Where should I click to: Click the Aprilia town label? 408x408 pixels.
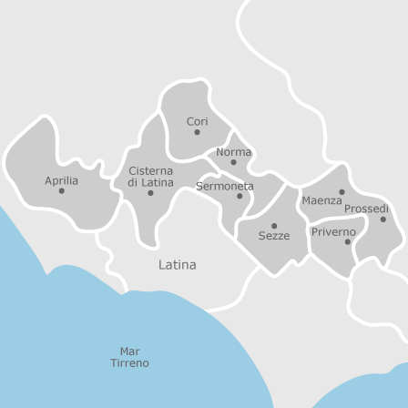(x=62, y=180)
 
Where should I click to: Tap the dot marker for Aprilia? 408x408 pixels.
(x=62, y=191)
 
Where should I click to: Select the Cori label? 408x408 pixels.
(x=198, y=121)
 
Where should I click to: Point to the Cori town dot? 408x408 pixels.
(x=198, y=133)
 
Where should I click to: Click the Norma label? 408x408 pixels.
(x=233, y=152)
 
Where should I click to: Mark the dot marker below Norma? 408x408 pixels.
(x=233, y=163)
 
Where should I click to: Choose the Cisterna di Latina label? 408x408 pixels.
(x=150, y=177)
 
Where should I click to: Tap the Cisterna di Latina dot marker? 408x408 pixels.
(x=150, y=193)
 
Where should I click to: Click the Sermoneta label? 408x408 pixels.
(x=225, y=186)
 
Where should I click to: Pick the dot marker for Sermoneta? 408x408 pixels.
(x=240, y=196)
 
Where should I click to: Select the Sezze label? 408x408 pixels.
(x=273, y=236)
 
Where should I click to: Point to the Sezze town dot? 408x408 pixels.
(x=274, y=226)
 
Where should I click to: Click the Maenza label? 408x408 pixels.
(x=321, y=200)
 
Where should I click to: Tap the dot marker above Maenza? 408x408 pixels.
(x=342, y=191)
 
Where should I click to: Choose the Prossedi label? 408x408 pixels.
(x=366, y=209)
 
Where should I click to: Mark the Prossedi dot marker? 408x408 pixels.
(x=382, y=219)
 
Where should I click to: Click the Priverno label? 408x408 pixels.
(x=333, y=232)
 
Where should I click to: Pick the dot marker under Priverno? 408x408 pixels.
(x=347, y=242)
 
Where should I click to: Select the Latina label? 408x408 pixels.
(x=178, y=265)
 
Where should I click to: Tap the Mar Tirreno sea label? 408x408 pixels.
(x=129, y=357)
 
